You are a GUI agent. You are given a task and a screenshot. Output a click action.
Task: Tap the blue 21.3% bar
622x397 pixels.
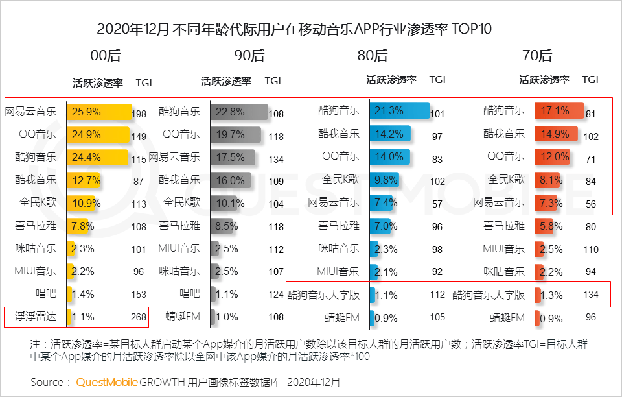[399, 111]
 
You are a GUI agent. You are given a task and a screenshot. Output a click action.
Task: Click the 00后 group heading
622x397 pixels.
[106, 56]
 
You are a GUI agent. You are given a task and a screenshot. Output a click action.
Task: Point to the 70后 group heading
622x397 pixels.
[536, 56]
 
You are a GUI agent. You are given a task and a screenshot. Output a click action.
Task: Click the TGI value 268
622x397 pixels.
[137, 318]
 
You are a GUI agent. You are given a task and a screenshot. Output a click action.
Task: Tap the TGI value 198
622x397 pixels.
[139, 114]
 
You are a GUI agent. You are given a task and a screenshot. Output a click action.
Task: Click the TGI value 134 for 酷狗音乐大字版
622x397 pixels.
[590, 295]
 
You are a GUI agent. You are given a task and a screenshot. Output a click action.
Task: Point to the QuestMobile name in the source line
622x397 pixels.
[107, 382]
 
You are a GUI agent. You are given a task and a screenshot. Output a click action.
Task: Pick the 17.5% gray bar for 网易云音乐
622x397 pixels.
[233, 158]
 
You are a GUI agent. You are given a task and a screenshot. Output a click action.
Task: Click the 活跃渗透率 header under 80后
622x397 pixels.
[391, 80]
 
